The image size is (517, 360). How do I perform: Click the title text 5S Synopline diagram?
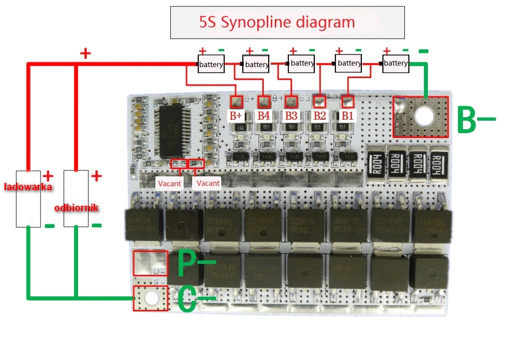tap(277, 22)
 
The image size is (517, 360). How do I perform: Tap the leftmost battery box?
tap(211, 65)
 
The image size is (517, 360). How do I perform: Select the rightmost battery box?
tap(395, 63)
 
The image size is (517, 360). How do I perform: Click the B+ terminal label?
tap(236, 116)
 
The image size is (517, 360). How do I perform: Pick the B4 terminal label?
tap(264, 116)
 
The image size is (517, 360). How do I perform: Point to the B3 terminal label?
tap(291, 116)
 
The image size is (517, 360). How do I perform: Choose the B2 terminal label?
tap(319, 116)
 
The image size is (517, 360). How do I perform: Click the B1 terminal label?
tap(347, 116)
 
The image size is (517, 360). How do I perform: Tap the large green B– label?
tap(475, 119)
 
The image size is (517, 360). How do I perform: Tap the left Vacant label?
tap(170, 183)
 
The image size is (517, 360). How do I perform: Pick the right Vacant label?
tap(208, 183)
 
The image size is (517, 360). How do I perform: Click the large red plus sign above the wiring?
tap(86, 53)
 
